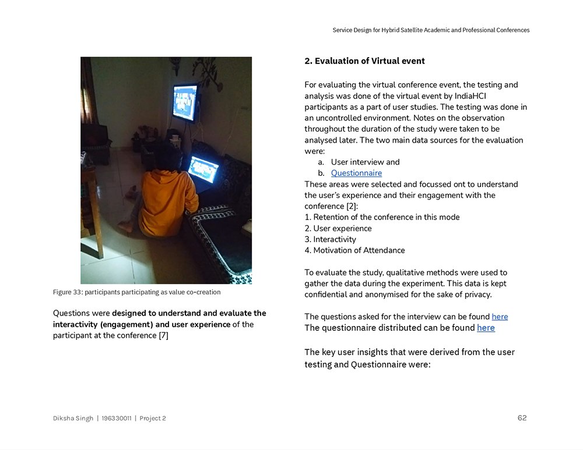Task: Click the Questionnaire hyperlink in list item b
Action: (356, 173)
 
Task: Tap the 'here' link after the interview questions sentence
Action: (500, 317)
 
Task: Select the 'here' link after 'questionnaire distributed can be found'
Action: (486, 328)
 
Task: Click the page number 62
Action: (522, 418)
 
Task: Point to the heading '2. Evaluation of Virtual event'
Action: (364, 61)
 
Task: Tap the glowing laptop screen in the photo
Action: (203, 169)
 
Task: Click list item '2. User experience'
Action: (338, 228)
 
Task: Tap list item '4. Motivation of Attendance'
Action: (354, 250)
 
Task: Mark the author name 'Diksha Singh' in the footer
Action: (73, 418)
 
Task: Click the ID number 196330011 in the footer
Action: (116, 418)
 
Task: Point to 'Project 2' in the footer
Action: (153, 418)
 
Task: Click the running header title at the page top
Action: (431, 30)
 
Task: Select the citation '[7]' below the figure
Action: (163, 335)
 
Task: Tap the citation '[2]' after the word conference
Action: (352, 206)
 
